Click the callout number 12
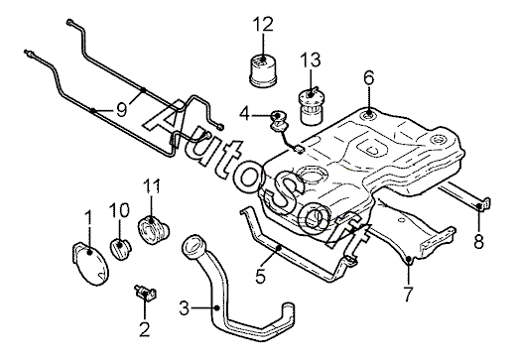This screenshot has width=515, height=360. coord(264,24)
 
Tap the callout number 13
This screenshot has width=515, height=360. coord(311,60)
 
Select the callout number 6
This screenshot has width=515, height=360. coord(368,78)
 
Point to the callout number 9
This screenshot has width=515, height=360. coord(122,110)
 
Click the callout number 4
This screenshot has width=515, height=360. coord(244,114)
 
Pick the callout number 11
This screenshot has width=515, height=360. coord(152,186)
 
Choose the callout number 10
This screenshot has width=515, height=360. coord(119,210)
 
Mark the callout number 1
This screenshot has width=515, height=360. coord(88,218)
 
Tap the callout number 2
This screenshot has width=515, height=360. coord(145,329)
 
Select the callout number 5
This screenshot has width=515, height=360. coord(261,276)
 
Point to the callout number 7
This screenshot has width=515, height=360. coord(408,294)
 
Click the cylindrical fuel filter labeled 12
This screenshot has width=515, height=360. coord(263,72)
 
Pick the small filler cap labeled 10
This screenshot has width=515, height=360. coord(120,250)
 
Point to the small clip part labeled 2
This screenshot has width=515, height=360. coord(145,293)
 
